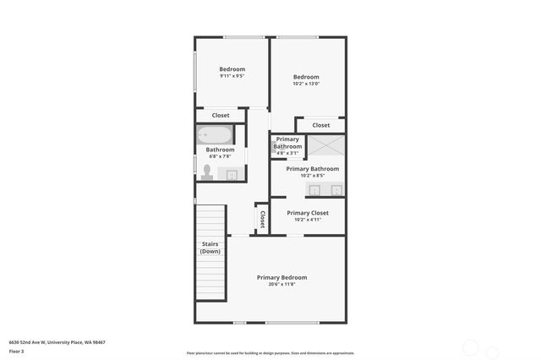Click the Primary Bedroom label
coord(281,277)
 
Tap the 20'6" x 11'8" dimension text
coord(281,285)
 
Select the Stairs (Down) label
coord(210,248)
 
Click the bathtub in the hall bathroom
coord(215,135)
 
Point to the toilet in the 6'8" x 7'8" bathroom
coord(207,172)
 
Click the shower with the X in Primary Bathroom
coord(325,145)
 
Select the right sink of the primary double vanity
coord(336,190)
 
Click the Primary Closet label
coord(308,213)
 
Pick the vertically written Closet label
coord(262,220)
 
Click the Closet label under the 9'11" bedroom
coord(221,116)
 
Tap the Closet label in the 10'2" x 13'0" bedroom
coord(321,125)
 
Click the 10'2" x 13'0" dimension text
coord(306,85)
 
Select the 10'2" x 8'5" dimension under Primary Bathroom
coord(312,176)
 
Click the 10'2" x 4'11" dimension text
coord(308,221)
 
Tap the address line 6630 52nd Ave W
coord(57,342)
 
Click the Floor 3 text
coord(17,351)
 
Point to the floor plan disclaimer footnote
coord(270,353)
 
